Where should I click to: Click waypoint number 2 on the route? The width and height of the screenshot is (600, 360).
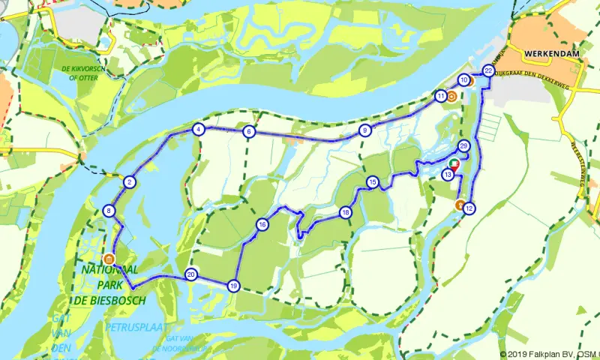[x=129, y=182]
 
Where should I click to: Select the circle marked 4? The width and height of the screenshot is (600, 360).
[x=198, y=129]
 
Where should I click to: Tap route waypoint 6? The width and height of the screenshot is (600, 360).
[x=249, y=132]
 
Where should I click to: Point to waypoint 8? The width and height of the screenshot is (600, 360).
[x=109, y=211]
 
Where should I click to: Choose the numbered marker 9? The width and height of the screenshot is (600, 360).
[x=365, y=130]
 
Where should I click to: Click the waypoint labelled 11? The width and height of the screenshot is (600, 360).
[x=440, y=96]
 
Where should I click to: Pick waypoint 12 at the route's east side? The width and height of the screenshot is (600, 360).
[x=469, y=208]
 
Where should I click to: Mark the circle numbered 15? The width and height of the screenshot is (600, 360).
[x=372, y=182]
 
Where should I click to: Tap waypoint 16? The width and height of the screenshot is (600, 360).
[x=262, y=224]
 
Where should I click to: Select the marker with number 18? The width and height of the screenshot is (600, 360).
[x=345, y=212]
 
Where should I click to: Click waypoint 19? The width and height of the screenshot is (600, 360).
[x=233, y=286]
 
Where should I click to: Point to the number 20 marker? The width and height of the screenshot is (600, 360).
[x=191, y=274]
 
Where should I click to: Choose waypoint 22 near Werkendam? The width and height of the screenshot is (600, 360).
[x=488, y=71]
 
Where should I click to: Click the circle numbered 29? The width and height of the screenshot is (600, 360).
[x=463, y=146]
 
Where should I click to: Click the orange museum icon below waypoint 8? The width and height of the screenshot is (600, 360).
[x=109, y=258]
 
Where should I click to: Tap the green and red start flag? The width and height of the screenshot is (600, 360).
[x=454, y=163]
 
